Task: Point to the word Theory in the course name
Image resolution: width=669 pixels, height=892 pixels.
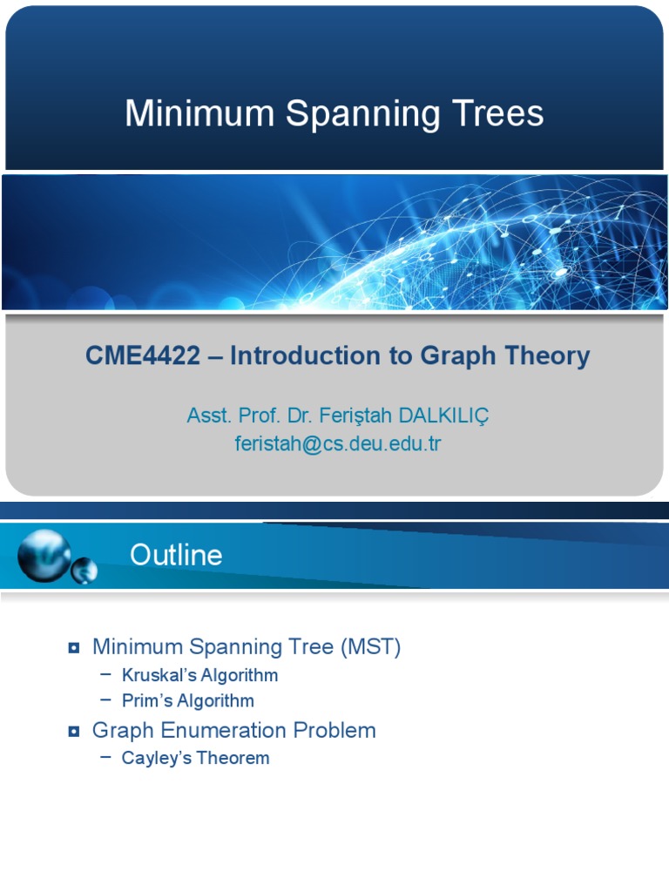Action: (x=548, y=355)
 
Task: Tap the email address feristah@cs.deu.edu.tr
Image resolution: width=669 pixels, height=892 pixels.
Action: (x=338, y=443)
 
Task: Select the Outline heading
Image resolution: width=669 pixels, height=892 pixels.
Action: (x=176, y=555)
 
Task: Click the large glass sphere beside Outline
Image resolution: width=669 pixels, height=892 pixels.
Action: (x=44, y=555)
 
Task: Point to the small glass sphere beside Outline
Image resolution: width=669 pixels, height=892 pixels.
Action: (x=84, y=571)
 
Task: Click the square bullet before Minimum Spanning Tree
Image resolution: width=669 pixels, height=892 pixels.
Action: (x=74, y=647)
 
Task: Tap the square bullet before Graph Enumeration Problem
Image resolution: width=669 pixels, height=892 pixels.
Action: (x=74, y=731)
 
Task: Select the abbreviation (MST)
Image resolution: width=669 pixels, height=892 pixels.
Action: (x=371, y=647)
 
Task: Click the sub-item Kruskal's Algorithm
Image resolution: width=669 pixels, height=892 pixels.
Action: (x=199, y=675)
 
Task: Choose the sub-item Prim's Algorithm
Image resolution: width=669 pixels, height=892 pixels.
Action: (x=187, y=700)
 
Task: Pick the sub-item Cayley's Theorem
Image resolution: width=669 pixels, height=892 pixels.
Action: (x=195, y=758)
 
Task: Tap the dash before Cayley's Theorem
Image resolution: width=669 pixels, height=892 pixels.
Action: (x=106, y=757)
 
